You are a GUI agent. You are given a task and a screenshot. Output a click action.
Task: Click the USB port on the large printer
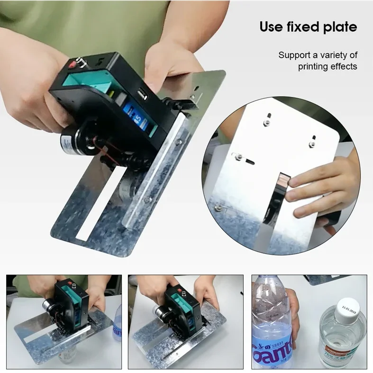[x=143, y=95]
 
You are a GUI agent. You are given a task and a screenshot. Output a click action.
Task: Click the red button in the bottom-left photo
[x=71, y=285]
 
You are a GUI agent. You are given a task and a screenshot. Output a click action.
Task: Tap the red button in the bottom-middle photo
[x=181, y=289]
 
